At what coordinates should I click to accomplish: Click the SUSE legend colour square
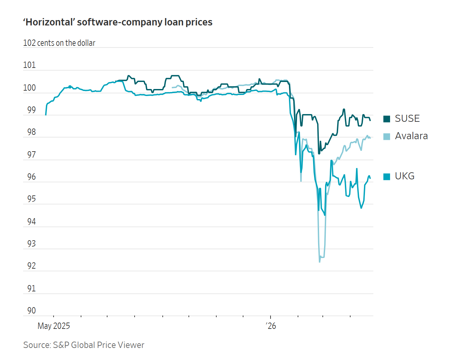(x=387, y=119)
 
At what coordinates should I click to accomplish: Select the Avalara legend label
(x=411, y=136)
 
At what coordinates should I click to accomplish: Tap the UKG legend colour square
(x=387, y=176)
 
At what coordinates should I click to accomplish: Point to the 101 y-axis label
(x=29, y=65)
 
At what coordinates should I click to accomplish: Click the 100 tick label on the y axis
(x=29, y=88)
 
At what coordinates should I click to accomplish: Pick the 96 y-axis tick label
(x=31, y=177)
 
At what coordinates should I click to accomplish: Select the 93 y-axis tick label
(x=31, y=244)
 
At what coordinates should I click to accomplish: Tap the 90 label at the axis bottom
(x=31, y=310)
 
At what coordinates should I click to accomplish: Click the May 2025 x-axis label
(x=54, y=326)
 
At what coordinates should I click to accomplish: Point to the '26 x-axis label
(x=271, y=326)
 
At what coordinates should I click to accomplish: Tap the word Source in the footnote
(x=36, y=345)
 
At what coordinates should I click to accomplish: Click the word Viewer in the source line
(x=131, y=345)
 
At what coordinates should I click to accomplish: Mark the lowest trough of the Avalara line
(x=320, y=262)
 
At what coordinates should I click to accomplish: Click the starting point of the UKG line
(x=46, y=115)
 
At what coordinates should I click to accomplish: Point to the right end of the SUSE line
(x=370, y=120)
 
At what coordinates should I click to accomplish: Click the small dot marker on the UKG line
(x=70, y=87)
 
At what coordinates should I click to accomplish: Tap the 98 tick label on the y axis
(x=31, y=132)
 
